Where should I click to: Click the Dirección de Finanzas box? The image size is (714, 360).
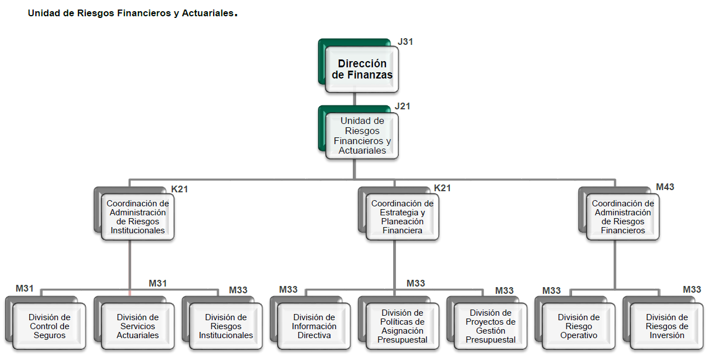pyautogui.click(x=362, y=69)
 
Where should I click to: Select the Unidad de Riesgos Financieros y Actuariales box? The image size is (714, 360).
pyautogui.click(x=362, y=136)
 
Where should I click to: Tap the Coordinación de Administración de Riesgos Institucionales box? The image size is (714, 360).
pyautogui.click(x=137, y=217)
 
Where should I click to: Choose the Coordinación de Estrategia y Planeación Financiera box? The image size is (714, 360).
pyautogui.click(x=402, y=217)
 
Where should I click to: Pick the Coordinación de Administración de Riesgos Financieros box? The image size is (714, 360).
pyautogui.click(x=623, y=217)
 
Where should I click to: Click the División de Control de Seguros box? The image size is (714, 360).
pyautogui.click(x=49, y=326)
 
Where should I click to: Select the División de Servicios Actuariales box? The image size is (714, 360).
pyautogui.click(x=137, y=326)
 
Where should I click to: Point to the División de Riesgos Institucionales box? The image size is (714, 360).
pyautogui.click(x=225, y=326)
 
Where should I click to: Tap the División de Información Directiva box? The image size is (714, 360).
pyautogui.click(x=314, y=326)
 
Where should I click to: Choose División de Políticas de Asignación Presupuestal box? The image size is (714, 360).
pyautogui.click(x=402, y=326)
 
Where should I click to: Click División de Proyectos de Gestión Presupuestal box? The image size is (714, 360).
pyautogui.click(x=490, y=326)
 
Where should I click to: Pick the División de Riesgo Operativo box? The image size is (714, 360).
pyautogui.click(x=578, y=326)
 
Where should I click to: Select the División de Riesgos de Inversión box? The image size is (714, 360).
pyautogui.click(x=666, y=326)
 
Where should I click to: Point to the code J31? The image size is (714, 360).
pyautogui.click(x=406, y=41)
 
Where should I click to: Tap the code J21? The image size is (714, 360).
pyautogui.click(x=403, y=107)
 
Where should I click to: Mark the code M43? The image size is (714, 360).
pyautogui.click(x=665, y=187)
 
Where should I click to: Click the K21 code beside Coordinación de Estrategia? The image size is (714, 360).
pyautogui.click(x=443, y=188)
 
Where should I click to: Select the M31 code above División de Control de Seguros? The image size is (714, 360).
pyautogui.click(x=25, y=289)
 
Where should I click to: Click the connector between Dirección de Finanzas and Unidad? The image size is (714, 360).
pyautogui.click(x=354, y=99)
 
